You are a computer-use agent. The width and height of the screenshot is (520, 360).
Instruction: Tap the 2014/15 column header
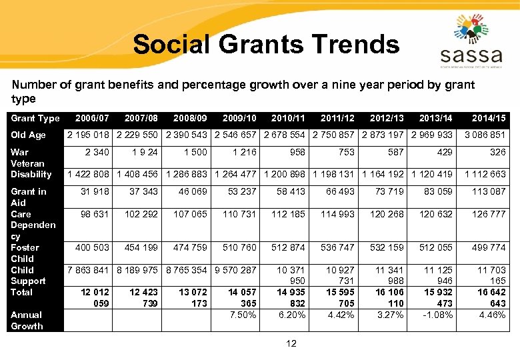tap(489, 118)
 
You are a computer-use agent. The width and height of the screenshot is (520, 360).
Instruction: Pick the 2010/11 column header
tap(288, 118)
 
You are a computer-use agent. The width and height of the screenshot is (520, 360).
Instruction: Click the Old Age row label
tap(28, 135)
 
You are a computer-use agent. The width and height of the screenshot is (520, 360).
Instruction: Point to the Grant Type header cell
tap(35, 118)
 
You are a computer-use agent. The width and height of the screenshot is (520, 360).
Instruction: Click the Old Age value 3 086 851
tap(485, 135)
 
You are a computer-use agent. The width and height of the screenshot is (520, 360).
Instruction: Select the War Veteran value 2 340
tap(97, 152)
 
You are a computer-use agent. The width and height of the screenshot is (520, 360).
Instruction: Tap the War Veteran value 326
tap(497, 152)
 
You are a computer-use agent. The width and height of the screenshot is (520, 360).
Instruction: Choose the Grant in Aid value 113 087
tap(489, 191)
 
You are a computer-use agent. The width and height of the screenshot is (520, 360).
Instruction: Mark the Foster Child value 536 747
tap(337, 247)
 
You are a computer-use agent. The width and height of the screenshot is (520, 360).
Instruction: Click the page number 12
tap(291, 343)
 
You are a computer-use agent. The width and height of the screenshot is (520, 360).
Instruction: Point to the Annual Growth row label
tap(27, 320)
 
